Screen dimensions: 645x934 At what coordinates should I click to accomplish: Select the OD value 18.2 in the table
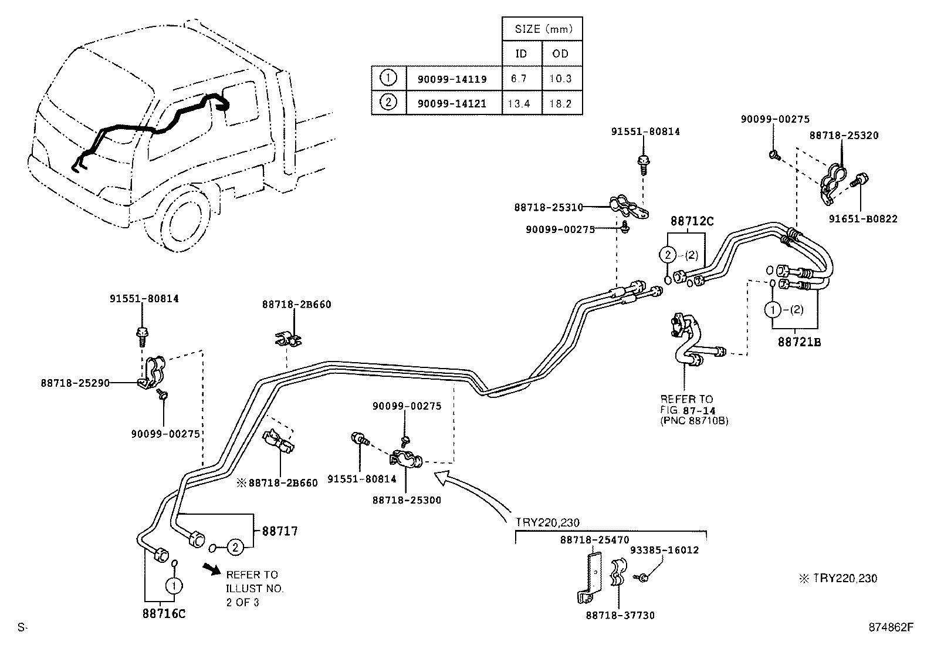[x=561, y=104]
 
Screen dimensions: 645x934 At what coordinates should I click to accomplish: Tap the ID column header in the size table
[x=521, y=53]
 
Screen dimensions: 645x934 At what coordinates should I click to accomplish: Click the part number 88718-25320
[x=844, y=135]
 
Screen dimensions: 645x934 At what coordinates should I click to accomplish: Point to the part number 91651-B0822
[x=862, y=219]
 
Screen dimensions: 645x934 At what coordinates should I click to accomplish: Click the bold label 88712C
[x=692, y=221]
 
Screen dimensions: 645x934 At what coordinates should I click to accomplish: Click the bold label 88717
[x=280, y=531]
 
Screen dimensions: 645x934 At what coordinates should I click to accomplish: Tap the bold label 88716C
[x=164, y=613]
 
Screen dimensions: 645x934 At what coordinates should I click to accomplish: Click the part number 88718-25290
[x=75, y=383]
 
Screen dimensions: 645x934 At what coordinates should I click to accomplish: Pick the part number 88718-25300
[x=407, y=500]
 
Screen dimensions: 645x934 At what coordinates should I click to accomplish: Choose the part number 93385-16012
[x=664, y=550]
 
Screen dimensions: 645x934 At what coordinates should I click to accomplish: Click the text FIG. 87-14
[x=692, y=410]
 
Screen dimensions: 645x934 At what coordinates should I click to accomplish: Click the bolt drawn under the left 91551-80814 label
[x=141, y=336]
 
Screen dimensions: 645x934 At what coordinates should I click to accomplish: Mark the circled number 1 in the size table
[x=388, y=77]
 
